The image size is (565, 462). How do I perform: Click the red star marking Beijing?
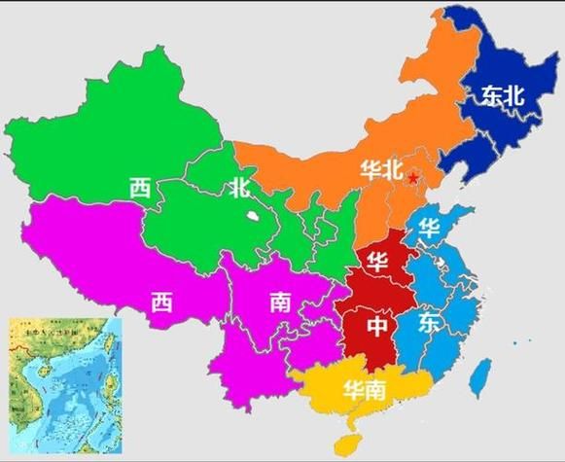click(414, 177)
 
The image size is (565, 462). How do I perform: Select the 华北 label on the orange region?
click(380, 169)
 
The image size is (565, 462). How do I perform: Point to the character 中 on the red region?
click(377, 327)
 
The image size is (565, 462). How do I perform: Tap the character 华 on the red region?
click(376, 262)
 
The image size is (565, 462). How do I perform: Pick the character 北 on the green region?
click(239, 188)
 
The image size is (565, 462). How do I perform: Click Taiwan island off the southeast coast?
click(478, 376)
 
